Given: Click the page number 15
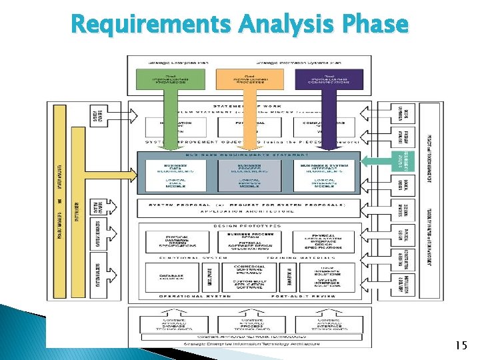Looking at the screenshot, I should [460, 345].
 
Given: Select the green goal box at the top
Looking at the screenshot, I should [163, 79].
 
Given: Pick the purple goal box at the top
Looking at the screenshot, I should [325, 79].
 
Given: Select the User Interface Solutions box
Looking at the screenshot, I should [325, 270].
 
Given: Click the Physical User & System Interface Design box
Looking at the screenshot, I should [325, 241].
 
